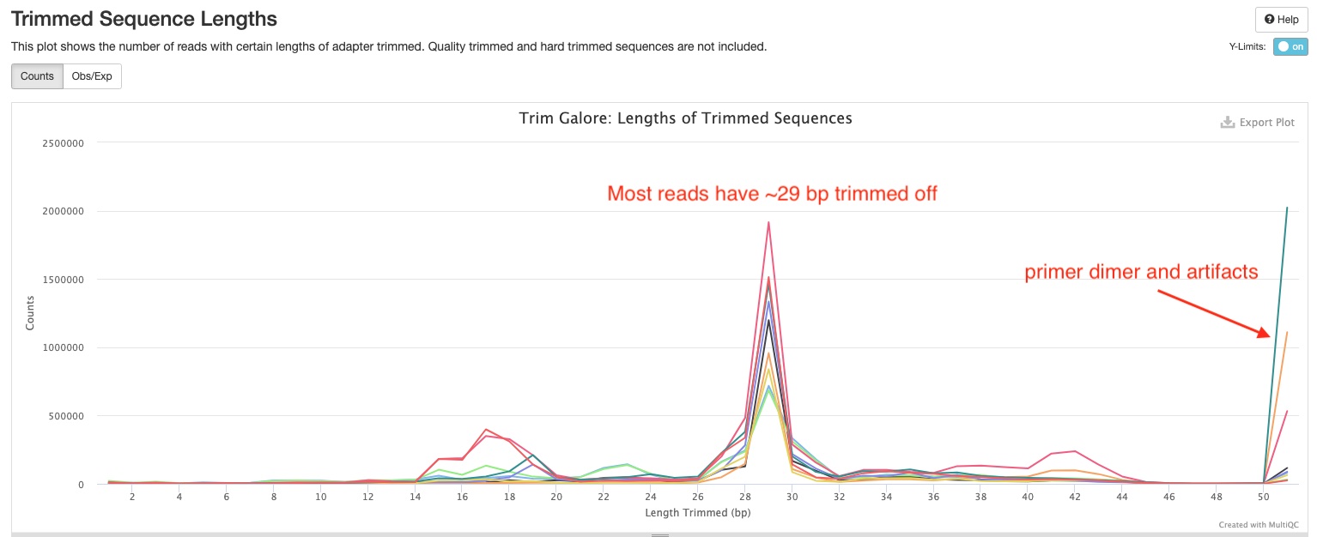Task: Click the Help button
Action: [1281, 20]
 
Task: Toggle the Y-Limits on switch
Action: [1290, 47]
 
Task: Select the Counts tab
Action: [37, 76]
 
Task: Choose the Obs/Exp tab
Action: [92, 76]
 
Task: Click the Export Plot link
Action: [1258, 123]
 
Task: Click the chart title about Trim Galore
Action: [685, 118]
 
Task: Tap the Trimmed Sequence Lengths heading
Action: [143, 17]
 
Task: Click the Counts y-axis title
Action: [30, 313]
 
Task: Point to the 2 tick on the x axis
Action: [132, 497]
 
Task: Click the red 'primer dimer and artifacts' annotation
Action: [1141, 273]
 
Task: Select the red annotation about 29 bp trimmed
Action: [772, 194]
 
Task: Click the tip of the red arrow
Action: [1269, 336]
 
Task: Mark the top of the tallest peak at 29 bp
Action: [768, 222]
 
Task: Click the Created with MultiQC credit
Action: [1258, 524]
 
